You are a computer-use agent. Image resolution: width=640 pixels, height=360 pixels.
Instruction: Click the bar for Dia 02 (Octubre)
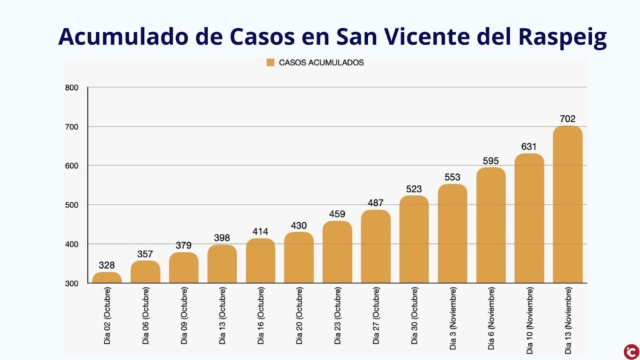(x=107, y=277)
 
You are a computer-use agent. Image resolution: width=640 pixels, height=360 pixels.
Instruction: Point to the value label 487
(x=375, y=203)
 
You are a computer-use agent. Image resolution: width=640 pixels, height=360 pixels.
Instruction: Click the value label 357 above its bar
(x=145, y=253)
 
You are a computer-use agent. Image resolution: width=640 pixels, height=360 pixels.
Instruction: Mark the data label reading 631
(x=529, y=147)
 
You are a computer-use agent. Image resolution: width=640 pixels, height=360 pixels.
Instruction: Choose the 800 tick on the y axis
(x=72, y=88)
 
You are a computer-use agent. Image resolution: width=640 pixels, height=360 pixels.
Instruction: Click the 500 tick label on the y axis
(x=72, y=205)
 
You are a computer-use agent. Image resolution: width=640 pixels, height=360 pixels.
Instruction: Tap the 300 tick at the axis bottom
(x=72, y=283)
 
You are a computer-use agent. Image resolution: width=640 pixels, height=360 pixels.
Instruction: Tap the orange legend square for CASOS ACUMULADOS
(x=270, y=63)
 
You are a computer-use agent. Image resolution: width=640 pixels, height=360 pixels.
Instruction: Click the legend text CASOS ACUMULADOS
(x=321, y=63)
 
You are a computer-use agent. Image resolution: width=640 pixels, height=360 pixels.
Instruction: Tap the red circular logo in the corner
(x=629, y=349)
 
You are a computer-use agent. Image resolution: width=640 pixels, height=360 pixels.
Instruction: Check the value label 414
(x=260, y=231)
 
